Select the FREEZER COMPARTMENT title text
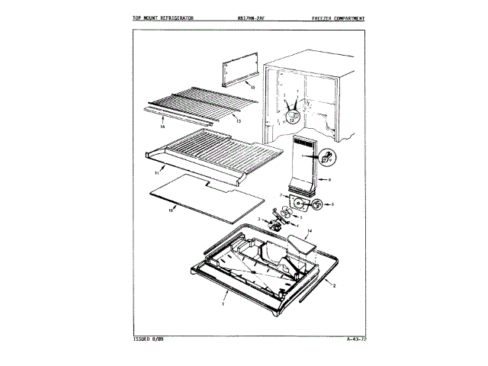pos(337,18)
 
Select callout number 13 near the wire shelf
pos(239,121)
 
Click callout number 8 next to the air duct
pos(329,179)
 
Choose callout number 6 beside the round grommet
pos(332,204)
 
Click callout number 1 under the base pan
pos(223,303)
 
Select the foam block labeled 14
pos(300,245)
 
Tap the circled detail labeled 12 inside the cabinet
pos(293,116)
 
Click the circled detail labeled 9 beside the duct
pos(327,158)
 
